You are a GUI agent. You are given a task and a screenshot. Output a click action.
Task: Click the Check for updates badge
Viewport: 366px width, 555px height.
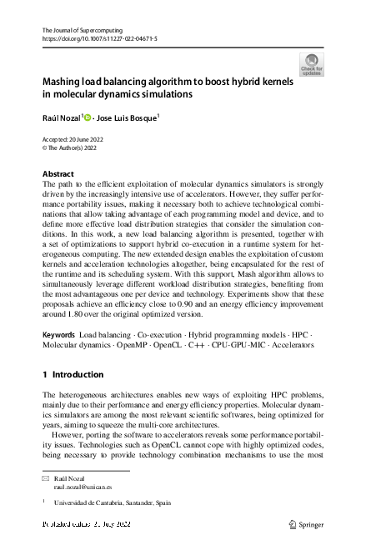pos(312,65)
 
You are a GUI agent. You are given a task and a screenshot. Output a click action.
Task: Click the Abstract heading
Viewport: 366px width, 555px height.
pos(58,174)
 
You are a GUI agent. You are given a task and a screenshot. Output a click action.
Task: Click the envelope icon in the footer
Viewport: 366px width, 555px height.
pos(45,478)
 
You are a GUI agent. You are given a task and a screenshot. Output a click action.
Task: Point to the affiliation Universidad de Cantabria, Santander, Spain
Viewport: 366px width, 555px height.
pos(112,504)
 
